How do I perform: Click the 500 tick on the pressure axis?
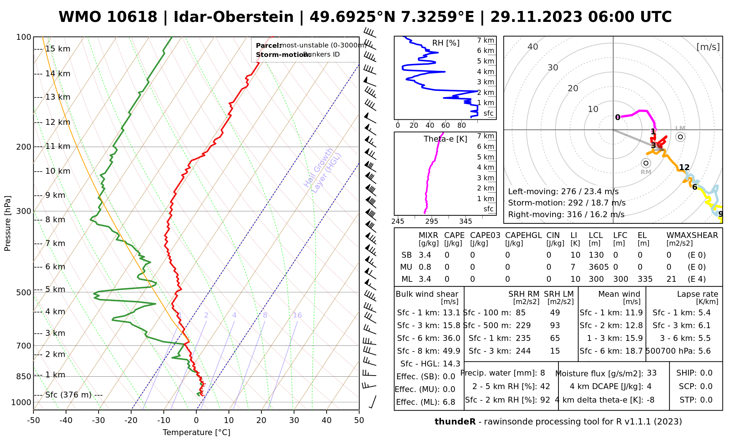tap(24, 292)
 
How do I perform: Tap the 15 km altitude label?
tap(58, 49)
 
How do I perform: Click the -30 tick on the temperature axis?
tap(99, 420)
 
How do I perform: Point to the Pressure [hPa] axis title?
tap(8, 223)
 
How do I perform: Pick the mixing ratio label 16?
tap(297, 315)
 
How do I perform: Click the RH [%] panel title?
tap(446, 43)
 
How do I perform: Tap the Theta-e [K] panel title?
tap(445, 139)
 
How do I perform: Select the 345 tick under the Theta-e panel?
tap(465, 222)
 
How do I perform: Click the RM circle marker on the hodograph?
tap(646, 163)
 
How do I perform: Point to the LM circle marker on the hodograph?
tap(680, 137)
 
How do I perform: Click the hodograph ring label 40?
tap(533, 47)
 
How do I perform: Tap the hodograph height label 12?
tap(684, 168)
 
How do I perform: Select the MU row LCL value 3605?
tap(599, 267)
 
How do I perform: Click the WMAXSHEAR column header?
tap(692, 235)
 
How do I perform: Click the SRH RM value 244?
tap(523, 351)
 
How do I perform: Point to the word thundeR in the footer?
tap(455, 422)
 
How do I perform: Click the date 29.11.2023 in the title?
tap(536, 17)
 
